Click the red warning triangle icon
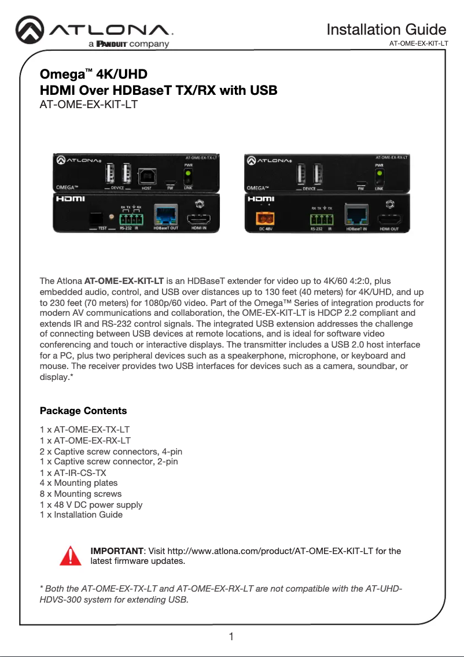pos(70,555)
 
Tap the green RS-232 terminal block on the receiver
pos(322,219)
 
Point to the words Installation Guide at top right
pos(386,29)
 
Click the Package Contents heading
pos(83,411)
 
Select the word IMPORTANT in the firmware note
pos(116,551)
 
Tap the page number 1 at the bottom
pos(231,637)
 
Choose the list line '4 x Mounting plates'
pos(79,483)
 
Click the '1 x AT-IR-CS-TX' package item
pos(73,473)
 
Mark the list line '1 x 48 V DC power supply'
pos(91,504)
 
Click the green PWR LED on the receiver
pos(380,173)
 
